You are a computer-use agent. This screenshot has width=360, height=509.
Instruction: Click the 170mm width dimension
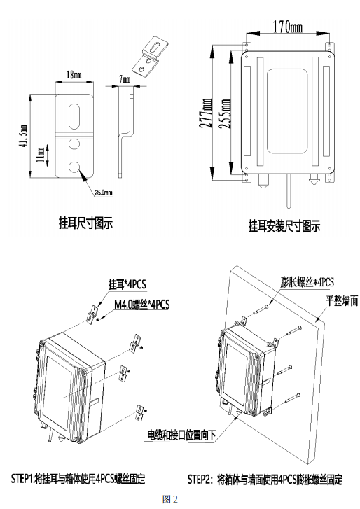(x=286, y=28)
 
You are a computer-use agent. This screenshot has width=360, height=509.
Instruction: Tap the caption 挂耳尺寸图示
(x=85, y=223)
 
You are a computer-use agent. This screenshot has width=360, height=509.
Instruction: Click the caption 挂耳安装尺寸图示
(x=284, y=226)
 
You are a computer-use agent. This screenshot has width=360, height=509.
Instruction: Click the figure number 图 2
(x=170, y=498)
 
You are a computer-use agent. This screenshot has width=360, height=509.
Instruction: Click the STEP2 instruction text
(x=265, y=480)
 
